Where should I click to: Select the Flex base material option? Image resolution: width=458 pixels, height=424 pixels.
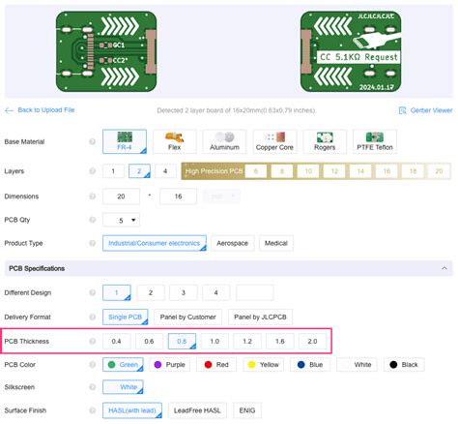click(x=175, y=141)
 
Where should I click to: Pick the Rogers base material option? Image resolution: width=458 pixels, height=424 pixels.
click(x=326, y=141)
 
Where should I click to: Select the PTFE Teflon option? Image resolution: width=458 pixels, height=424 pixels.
click(x=378, y=141)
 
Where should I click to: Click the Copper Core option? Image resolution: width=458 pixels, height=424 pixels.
click(x=273, y=141)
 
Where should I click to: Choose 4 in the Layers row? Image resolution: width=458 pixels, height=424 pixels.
click(x=165, y=171)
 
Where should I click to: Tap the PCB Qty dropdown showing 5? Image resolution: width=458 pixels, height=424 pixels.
click(x=121, y=220)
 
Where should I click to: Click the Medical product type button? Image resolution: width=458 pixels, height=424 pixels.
click(x=276, y=243)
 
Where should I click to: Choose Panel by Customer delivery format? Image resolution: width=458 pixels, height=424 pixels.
click(x=188, y=316)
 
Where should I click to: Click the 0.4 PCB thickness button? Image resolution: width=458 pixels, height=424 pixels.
click(x=117, y=341)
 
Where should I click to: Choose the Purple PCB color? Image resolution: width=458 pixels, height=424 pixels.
click(x=170, y=365)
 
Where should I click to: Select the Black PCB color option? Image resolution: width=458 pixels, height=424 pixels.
click(x=404, y=365)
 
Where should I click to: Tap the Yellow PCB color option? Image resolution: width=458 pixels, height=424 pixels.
click(x=264, y=365)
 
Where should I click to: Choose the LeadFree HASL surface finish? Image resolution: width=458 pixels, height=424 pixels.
click(x=198, y=410)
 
